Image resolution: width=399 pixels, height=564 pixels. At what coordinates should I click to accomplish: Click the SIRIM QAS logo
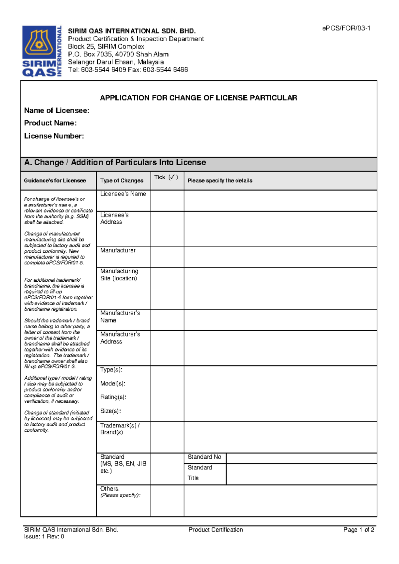point(42,51)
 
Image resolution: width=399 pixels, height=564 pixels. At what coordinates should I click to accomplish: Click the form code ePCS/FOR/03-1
point(346,28)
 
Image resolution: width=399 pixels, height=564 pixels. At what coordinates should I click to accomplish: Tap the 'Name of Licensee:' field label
point(57,110)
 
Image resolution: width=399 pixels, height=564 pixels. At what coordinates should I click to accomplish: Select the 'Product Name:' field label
point(50,123)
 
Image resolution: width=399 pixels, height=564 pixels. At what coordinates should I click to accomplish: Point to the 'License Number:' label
point(54,136)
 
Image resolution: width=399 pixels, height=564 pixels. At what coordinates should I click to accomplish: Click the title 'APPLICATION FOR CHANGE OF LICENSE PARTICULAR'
point(199,98)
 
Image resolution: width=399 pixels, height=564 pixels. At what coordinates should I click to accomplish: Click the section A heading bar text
point(115,163)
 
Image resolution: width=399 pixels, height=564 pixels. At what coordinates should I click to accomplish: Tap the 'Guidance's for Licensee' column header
point(55,181)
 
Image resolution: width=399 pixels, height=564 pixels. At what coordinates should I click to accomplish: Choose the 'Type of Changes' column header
point(122,181)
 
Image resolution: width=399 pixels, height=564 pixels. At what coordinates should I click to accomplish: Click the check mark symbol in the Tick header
point(173,177)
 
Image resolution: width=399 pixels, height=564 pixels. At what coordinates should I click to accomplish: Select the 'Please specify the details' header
point(220,181)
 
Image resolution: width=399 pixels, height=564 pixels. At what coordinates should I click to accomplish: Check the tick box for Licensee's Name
point(167,201)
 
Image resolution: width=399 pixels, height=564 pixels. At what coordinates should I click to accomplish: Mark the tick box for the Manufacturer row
point(167,257)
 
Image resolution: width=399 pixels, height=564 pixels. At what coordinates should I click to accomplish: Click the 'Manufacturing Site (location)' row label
point(119,275)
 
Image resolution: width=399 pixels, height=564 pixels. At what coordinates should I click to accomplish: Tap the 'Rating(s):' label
point(113,397)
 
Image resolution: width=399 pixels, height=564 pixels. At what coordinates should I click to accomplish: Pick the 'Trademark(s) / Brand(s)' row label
point(120,429)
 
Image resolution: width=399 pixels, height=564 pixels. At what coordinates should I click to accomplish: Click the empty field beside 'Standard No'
point(301,458)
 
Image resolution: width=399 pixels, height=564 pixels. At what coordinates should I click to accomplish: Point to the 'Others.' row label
point(110,489)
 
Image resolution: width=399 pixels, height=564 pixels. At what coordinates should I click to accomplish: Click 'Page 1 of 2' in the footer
point(359,530)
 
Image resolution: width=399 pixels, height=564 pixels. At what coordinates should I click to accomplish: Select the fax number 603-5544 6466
point(165,70)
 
